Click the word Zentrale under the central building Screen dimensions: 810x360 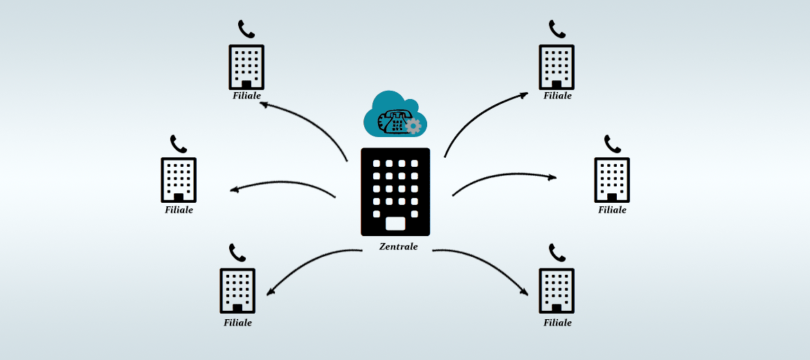pyautogui.click(x=398, y=247)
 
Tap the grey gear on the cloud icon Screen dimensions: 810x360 pyautogui.click(x=413, y=126)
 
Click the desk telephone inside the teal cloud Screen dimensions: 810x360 pyautogui.click(x=392, y=122)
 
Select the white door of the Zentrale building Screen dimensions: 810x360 pyautogui.click(x=396, y=224)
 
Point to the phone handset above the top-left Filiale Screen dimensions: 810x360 pyautogui.click(x=246, y=29)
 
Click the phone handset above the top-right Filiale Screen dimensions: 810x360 pyautogui.click(x=557, y=29)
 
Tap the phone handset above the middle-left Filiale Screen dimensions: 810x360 pyautogui.click(x=178, y=144)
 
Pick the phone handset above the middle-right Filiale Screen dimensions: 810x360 pyautogui.click(x=612, y=144)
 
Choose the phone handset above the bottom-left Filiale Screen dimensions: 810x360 pyautogui.click(x=237, y=253)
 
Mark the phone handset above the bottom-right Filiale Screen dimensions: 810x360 pyautogui.click(x=557, y=253)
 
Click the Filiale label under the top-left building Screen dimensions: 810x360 pyautogui.click(x=246, y=96)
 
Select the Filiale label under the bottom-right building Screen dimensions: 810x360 pyautogui.click(x=557, y=323)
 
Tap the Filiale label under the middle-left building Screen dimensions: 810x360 pyautogui.click(x=179, y=210)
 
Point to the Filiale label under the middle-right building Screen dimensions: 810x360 pyautogui.click(x=612, y=210)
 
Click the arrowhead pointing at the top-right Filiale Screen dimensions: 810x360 pyautogui.click(x=524, y=95)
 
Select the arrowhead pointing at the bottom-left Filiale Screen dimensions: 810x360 pyautogui.click(x=270, y=292)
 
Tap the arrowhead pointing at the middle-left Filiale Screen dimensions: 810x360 pyautogui.click(x=234, y=190)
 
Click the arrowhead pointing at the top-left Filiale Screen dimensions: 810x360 pyautogui.click(x=264, y=105)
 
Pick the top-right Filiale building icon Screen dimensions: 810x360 pyautogui.click(x=557, y=67)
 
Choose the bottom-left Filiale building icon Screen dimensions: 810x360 pyautogui.click(x=237, y=291)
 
